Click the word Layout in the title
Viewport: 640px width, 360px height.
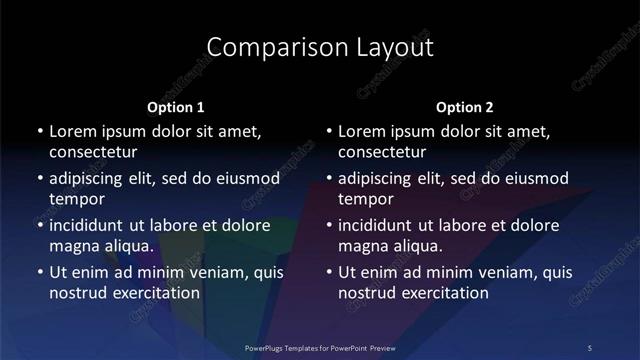385,47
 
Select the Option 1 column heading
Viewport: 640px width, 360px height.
176,107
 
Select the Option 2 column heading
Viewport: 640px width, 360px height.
465,107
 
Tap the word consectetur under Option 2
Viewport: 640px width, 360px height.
382,152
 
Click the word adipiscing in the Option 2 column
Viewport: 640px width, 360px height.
380,178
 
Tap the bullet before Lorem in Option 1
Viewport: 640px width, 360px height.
39,131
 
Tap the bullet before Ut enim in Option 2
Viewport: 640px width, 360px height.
328,272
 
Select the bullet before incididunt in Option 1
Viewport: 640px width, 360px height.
39,225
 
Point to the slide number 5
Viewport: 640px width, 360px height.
590,347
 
